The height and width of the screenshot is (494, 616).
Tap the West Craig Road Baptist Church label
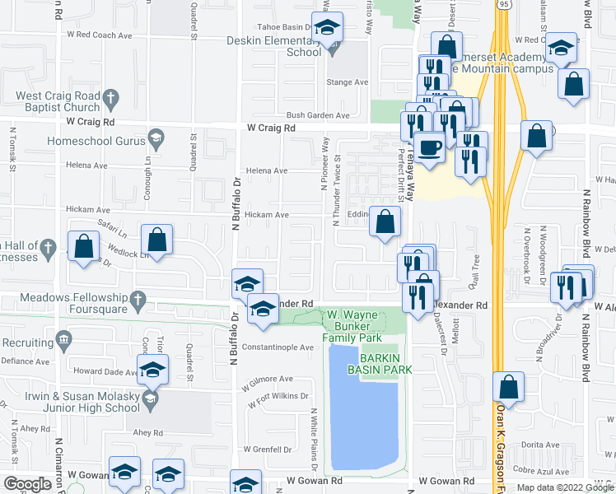pyautogui.click(x=58, y=101)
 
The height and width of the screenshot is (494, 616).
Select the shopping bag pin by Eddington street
pyautogui.click(x=385, y=221)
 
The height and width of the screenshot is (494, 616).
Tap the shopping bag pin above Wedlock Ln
pyautogui.click(x=156, y=240)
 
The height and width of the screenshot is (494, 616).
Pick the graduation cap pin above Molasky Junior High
pyautogui.click(x=152, y=370)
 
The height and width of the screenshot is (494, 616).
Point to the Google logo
pyautogui.click(x=26, y=485)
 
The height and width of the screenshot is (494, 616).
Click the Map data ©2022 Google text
pyautogui.click(x=565, y=487)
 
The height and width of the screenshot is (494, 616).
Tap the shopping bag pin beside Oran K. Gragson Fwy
pyautogui.click(x=510, y=387)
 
